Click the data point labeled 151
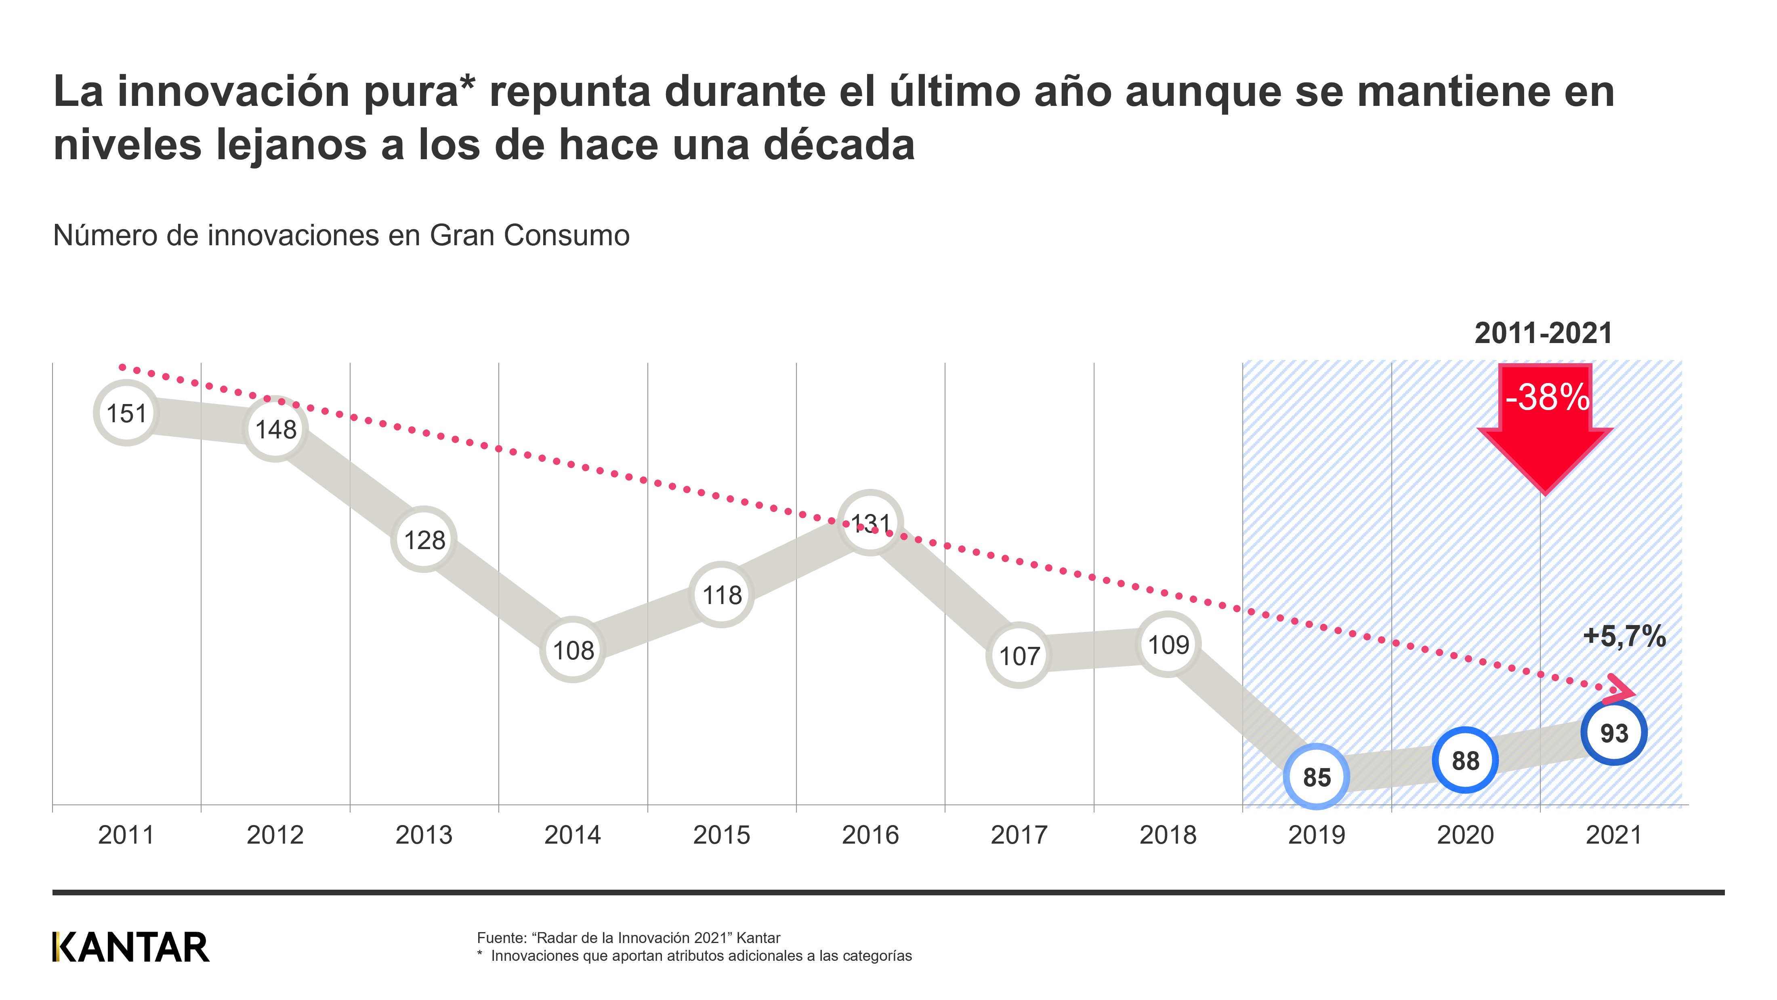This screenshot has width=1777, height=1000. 126,413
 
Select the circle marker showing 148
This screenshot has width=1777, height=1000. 275,429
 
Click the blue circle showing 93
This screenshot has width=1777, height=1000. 1613,733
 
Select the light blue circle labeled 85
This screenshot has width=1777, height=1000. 1316,777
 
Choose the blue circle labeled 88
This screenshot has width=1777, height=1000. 1465,760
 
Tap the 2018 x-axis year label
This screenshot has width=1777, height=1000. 1167,835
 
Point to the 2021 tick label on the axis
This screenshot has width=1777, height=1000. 1613,835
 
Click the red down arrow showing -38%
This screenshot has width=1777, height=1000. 1544,428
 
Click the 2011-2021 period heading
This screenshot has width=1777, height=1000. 1543,333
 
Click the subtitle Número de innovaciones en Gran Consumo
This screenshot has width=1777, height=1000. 341,235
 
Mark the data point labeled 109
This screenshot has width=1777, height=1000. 1168,644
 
